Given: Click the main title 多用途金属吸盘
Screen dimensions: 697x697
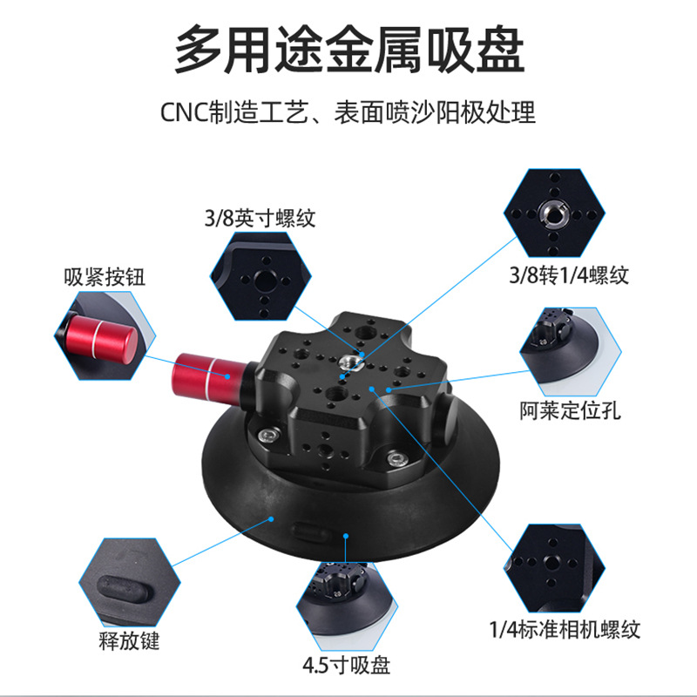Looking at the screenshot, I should (348, 50).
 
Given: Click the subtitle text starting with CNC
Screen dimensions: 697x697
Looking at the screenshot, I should (348, 113).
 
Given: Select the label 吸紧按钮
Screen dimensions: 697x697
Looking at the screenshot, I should (104, 277).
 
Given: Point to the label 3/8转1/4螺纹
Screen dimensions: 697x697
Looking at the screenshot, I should (568, 277).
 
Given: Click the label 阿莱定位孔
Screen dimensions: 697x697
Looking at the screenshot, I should (571, 409).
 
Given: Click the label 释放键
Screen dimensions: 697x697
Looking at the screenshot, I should (130, 644).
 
